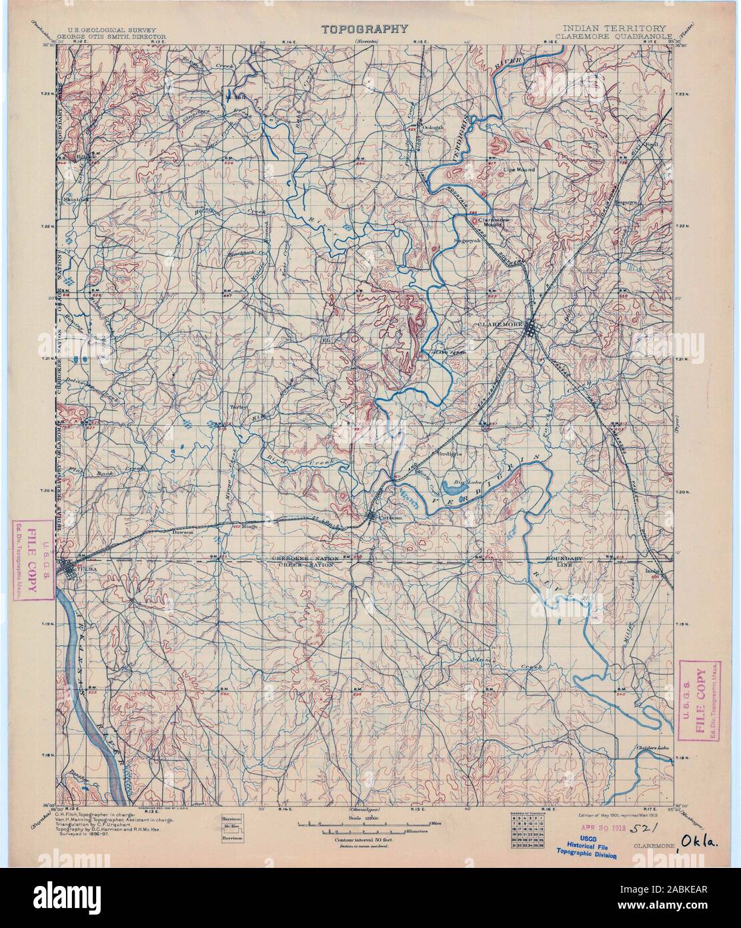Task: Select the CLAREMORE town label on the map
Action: point(501,323)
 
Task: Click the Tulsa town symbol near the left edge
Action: point(69,568)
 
